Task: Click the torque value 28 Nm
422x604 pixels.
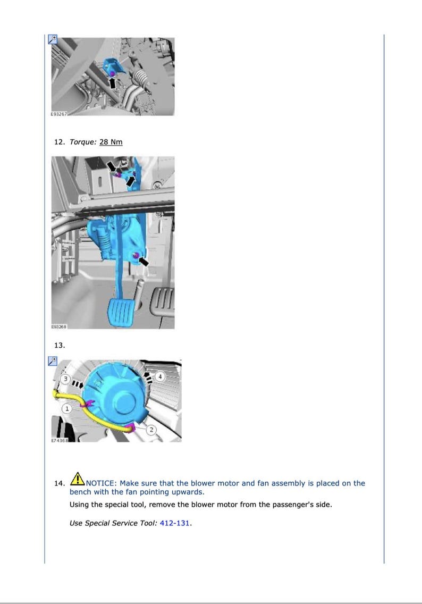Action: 111,142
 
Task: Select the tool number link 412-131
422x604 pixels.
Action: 175,523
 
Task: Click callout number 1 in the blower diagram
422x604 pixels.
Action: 67,409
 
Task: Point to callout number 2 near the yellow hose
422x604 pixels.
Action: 150,430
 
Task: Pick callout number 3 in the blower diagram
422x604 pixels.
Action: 65,379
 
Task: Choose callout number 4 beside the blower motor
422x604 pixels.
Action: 162,377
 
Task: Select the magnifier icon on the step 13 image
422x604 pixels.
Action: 52,361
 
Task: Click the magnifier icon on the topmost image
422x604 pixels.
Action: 52,39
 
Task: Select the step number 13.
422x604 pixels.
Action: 60,345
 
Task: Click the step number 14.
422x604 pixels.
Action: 60,483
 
